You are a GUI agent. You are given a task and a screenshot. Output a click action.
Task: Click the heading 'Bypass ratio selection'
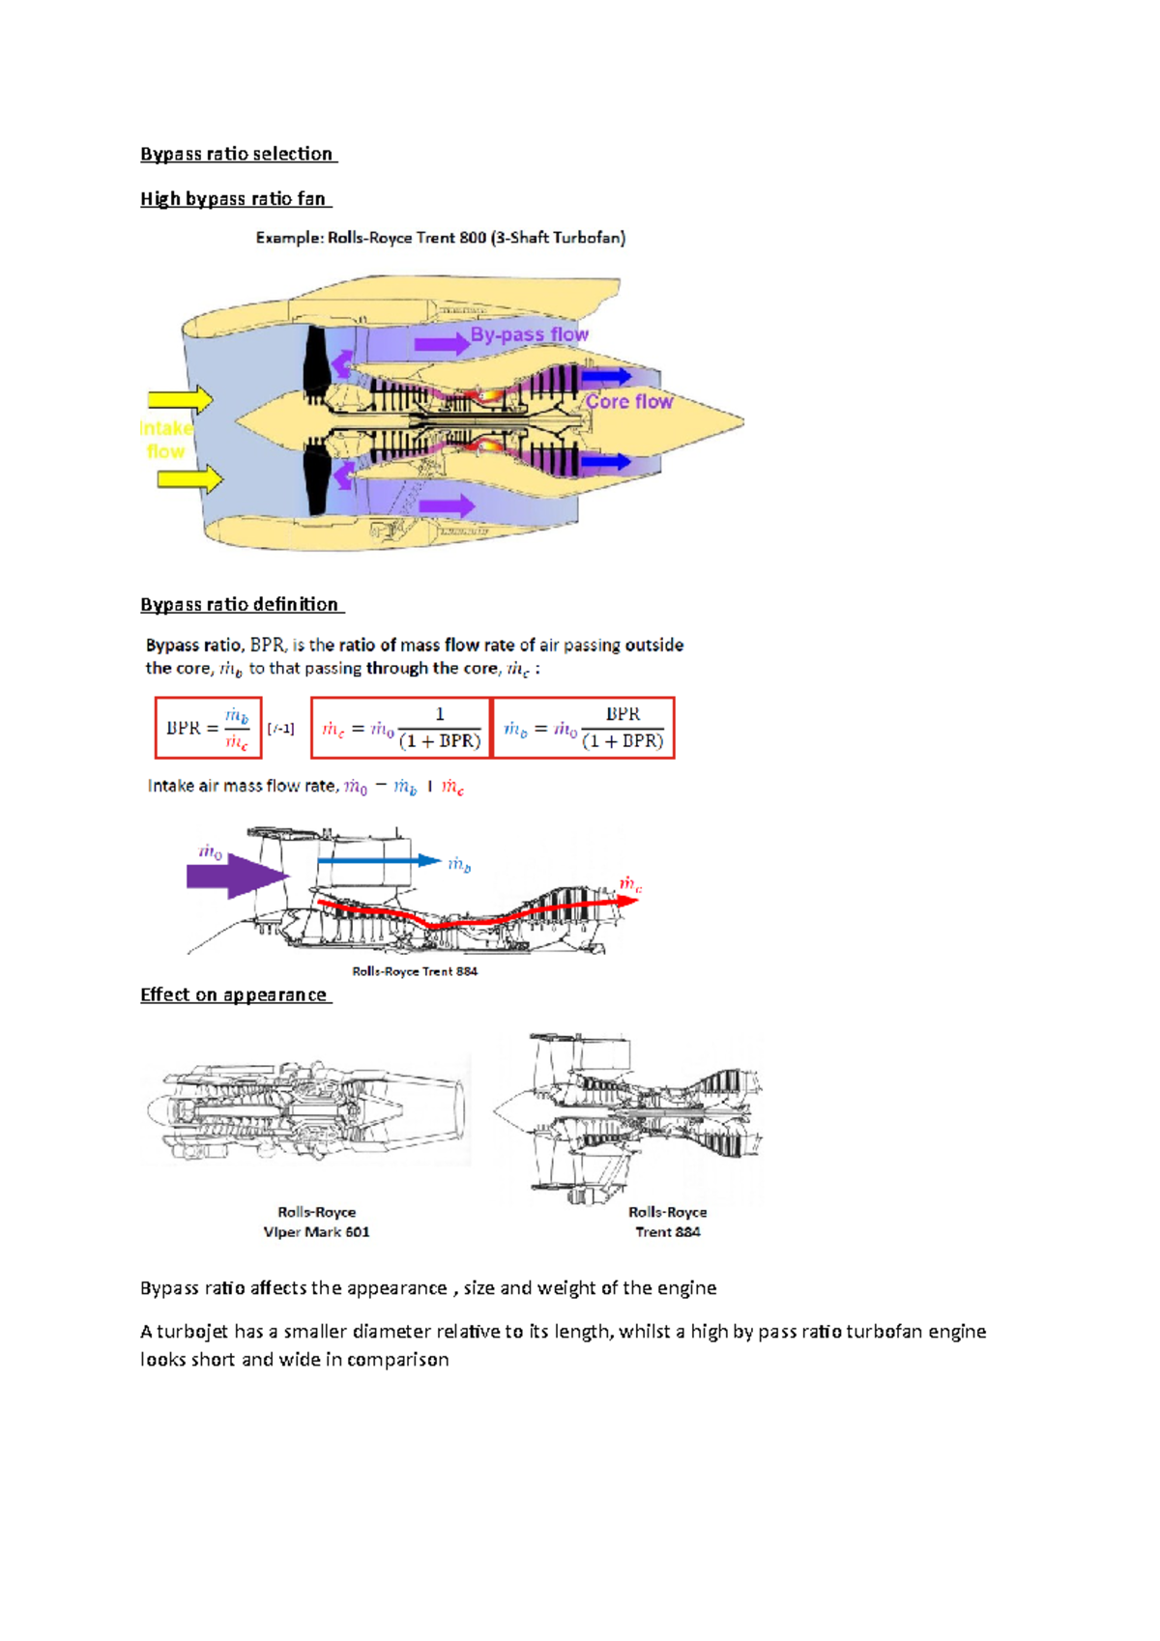click(238, 154)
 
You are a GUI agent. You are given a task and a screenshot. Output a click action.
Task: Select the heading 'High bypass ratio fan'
click(235, 199)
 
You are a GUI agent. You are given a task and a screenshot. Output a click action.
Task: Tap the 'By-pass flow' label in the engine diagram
click(529, 334)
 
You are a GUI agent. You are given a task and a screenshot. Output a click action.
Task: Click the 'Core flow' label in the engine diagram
click(628, 401)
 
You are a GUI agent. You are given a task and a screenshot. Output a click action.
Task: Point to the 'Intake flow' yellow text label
click(165, 440)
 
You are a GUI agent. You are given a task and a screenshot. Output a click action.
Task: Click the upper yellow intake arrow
click(180, 399)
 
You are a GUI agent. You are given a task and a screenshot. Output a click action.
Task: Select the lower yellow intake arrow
click(189, 478)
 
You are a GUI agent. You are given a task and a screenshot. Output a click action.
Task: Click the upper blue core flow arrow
click(606, 377)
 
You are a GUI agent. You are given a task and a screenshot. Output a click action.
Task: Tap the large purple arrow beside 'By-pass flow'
click(442, 344)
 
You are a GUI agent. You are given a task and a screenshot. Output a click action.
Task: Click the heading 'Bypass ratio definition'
click(241, 605)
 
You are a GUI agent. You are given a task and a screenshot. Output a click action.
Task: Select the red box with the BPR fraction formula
click(208, 728)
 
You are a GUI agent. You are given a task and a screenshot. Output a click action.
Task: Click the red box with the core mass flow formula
click(400, 728)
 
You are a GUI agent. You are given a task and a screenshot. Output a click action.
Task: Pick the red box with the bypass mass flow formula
click(584, 728)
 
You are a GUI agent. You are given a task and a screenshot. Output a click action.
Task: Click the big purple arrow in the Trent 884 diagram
click(237, 876)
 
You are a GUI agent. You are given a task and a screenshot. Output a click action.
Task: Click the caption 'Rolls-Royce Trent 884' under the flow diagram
click(415, 971)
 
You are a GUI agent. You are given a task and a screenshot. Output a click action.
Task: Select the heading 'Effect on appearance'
click(235, 995)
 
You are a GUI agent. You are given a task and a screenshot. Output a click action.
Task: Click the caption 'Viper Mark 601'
click(316, 1232)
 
